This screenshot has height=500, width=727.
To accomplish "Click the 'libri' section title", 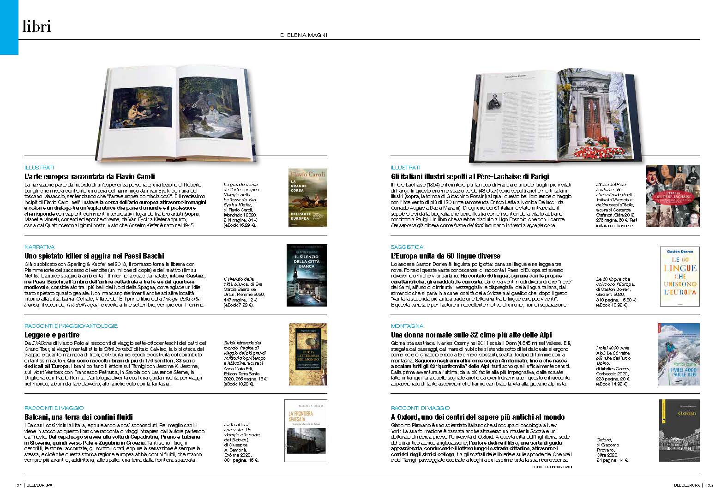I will (x=36, y=27).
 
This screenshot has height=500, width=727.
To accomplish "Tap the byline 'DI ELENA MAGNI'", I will (x=304, y=35).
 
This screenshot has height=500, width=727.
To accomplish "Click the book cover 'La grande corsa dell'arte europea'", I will (x=307, y=198).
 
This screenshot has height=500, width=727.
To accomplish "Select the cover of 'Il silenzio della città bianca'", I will (x=307, y=275).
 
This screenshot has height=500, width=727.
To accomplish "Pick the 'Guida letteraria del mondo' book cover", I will (x=307, y=354).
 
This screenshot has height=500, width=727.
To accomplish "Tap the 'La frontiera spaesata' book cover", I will (x=306, y=430).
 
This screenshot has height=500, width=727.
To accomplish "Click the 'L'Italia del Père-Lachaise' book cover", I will (x=673, y=196).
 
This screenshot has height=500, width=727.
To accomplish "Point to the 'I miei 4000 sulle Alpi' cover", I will (x=678, y=354).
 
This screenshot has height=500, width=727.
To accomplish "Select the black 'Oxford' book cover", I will (x=679, y=430).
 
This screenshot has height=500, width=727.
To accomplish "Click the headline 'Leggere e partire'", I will (x=52, y=335).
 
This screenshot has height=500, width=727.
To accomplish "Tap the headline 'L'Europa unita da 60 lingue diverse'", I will (x=445, y=256).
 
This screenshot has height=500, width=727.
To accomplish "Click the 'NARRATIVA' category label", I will (x=39, y=247).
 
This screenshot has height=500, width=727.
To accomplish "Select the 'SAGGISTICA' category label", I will (x=407, y=247).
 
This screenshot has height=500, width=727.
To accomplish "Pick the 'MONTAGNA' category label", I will (x=407, y=326).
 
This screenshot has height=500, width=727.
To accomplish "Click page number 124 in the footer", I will (x=18, y=485).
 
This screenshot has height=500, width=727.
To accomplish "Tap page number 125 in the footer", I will (x=709, y=485).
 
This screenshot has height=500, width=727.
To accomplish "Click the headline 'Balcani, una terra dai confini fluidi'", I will (x=78, y=417).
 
